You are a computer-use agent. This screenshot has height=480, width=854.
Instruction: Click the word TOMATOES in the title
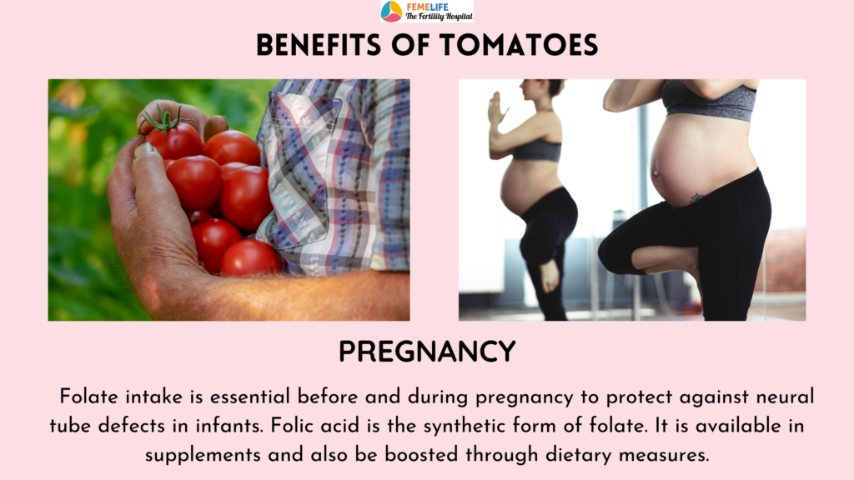(x=519, y=45)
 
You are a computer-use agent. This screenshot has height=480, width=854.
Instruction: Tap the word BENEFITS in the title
(x=318, y=45)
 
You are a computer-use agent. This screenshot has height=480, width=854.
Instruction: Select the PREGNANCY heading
(x=427, y=352)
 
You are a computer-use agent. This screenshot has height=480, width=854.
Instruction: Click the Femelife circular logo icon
(x=391, y=11)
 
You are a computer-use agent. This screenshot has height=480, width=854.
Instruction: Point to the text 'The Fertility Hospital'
(x=439, y=17)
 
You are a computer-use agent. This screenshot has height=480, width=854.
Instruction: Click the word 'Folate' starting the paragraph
(x=88, y=396)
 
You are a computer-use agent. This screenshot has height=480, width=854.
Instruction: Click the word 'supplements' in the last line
(x=203, y=455)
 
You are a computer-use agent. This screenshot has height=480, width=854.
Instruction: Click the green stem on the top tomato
(x=166, y=121)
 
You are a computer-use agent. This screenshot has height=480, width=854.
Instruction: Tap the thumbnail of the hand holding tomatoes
(x=229, y=200)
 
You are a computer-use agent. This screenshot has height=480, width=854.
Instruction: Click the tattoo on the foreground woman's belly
(x=696, y=197)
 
